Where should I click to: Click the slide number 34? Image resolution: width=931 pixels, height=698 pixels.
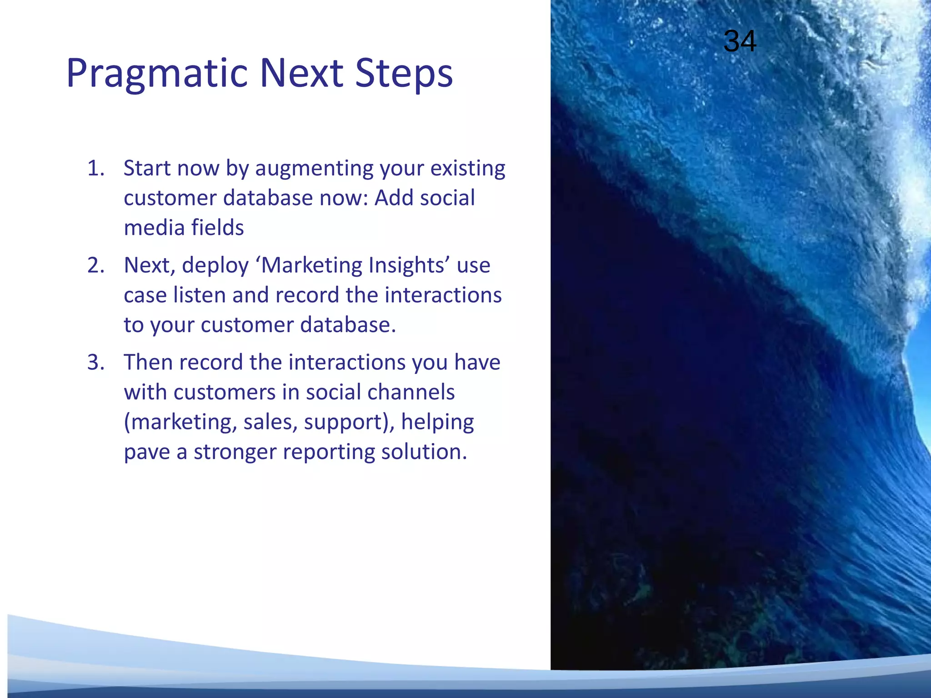coord(740,41)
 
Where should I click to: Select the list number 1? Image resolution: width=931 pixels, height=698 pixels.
coord(95,168)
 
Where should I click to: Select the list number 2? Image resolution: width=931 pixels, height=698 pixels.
coord(95,265)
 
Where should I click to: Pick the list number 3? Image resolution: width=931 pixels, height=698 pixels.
coord(95,363)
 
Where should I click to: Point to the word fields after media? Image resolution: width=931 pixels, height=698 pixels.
coord(217,227)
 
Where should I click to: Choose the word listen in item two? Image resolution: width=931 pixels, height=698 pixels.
coord(199,295)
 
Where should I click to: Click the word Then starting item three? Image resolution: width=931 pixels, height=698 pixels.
coord(148,362)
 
